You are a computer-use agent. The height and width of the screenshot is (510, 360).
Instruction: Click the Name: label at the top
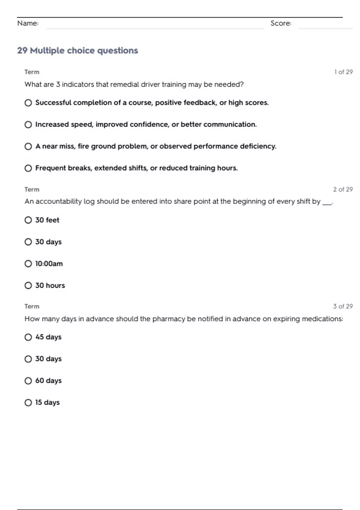28,23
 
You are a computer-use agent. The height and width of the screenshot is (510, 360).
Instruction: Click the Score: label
281,23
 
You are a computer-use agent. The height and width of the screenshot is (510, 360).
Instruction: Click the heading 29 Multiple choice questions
77,50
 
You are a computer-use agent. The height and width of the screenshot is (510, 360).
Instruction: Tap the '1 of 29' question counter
343,72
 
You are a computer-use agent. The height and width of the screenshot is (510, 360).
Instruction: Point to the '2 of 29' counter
343,189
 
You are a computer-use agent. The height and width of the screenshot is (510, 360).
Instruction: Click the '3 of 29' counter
343,306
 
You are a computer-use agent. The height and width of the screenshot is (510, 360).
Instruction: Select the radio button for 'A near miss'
28,146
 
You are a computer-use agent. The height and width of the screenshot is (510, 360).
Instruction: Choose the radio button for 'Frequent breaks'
28,168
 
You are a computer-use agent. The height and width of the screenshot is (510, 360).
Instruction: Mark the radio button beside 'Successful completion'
28,103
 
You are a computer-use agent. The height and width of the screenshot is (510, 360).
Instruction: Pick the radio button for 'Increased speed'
28,124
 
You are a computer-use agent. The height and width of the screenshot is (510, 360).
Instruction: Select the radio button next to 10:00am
28,264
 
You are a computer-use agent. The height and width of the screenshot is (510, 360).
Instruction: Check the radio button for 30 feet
28,220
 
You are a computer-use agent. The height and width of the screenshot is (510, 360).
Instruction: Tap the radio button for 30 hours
28,286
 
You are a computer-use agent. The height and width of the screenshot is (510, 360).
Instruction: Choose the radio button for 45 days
28,337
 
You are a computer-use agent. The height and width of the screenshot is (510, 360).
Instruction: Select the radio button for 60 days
28,381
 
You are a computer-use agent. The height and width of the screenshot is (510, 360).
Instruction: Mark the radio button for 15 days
28,403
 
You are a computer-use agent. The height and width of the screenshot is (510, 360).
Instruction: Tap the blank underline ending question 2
327,203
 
